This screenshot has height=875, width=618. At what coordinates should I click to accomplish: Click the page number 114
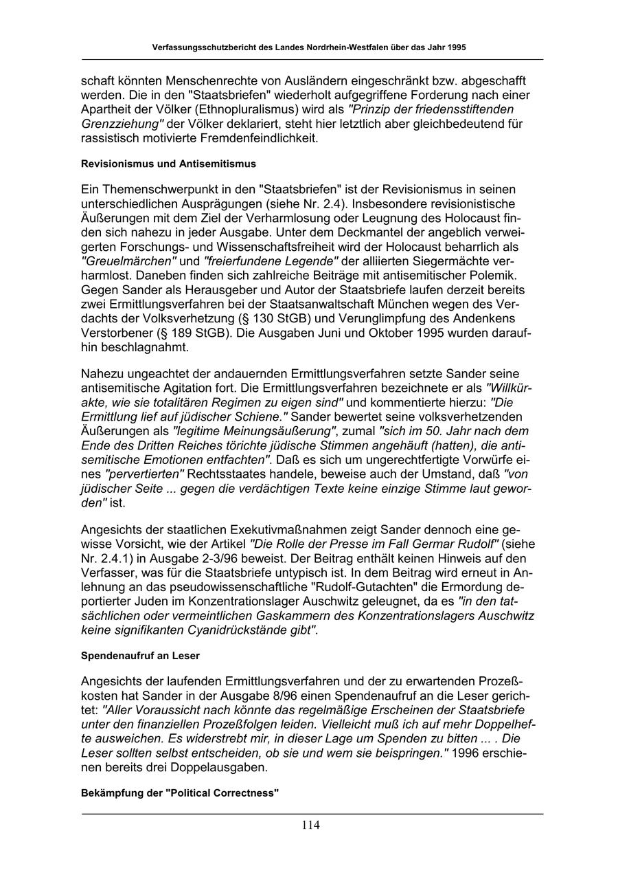pos(310,826)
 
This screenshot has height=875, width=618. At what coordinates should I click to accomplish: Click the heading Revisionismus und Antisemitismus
pos(168,164)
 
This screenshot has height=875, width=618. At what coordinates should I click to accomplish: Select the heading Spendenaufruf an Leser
pos(140,656)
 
